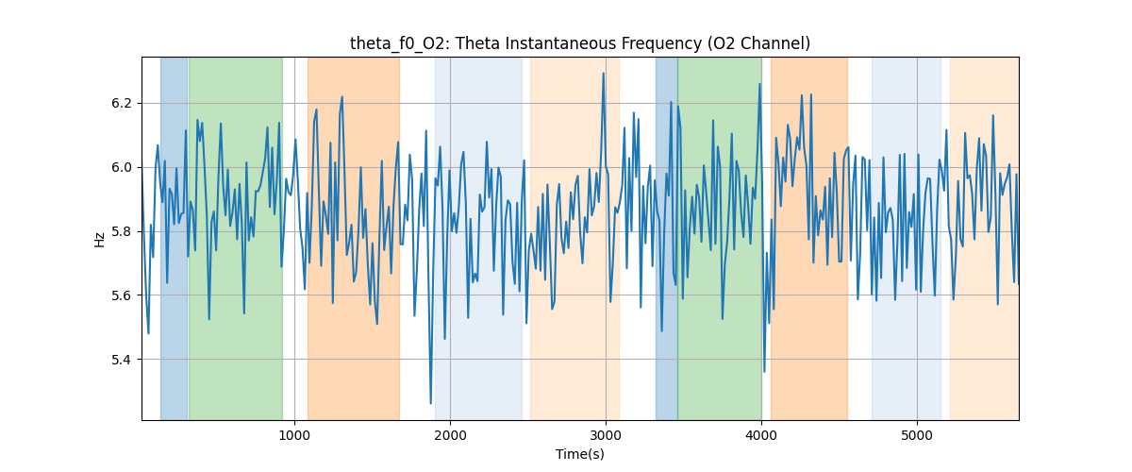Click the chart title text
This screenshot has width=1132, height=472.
[x=579, y=43]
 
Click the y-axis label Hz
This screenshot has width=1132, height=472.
[x=100, y=239]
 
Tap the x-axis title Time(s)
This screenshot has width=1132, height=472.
[x=579, y=454]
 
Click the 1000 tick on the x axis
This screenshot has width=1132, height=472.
[x=294, y=434]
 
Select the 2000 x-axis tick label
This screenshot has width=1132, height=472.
[x=450, y=434]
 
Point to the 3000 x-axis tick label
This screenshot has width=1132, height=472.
[x=606, y=434]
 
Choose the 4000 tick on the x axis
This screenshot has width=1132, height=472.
[x=761, y=434]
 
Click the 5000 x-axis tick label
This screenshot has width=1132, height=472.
[x=917, y=434]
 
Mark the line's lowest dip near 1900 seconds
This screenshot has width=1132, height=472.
[x=431, y=403]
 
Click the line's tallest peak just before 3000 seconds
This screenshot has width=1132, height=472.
[x=603, y=74]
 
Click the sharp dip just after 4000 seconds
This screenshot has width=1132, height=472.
[x=764, y=371]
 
